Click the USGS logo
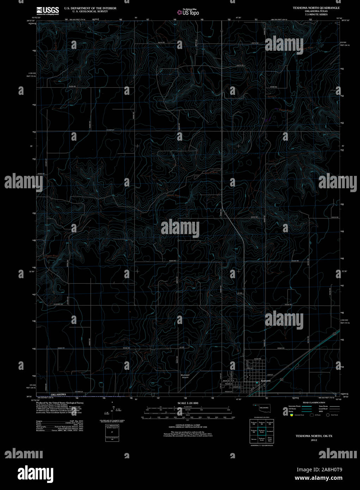pyautogui.click(x=48, y=10)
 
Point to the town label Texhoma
pyautogui.click(x=266, y=381)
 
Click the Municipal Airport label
pyautogui.click(x=185, y=376)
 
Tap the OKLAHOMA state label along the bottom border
pyautogui.click(x=58, y=394)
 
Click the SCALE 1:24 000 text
pyautogui.click(x=188, y=403)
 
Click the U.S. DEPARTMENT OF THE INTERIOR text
pyautogui.click(x=90, y=8)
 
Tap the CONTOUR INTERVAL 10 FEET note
pyautogui.click(x=188, y=425)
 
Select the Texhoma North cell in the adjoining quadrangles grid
pyautogui.click(x=262, y=431)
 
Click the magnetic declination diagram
pyautogui.click(x=112, y=409)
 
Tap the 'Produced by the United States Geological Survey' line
pyautogui.click(x=60, y=403)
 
